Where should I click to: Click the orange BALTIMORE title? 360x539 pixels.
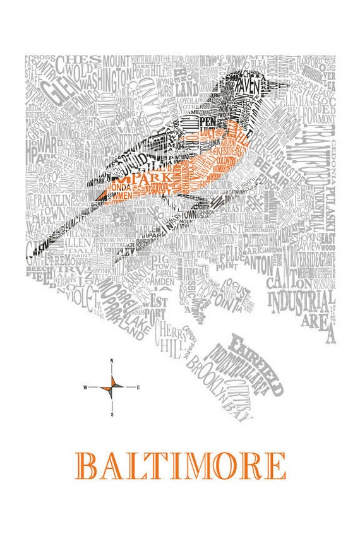180,465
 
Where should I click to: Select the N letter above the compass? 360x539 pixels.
112,361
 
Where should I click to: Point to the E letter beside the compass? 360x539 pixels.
138,386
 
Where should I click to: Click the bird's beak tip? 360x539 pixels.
289,83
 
